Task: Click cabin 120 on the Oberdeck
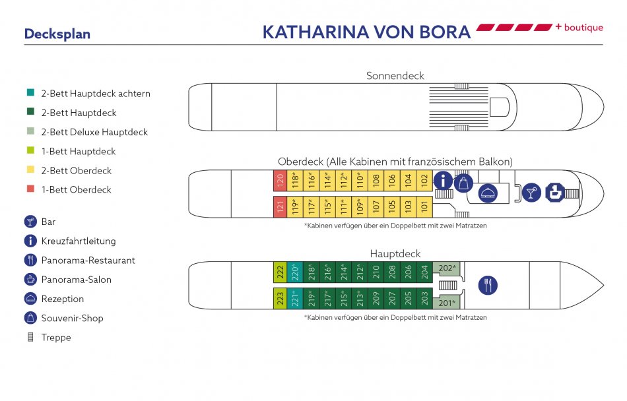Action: tap(280, 181)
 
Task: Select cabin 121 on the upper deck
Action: tap(280, 206)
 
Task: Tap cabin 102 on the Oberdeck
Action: tap(425, 181)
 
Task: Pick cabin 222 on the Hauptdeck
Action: tap(280, 272)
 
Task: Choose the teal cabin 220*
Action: tap(296, 272)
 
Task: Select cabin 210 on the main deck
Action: tap(376, 272)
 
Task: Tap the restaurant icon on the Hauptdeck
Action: tap(488, 285)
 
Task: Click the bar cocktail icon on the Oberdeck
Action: tap(531, 193)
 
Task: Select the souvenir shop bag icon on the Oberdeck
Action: tap(463, 183)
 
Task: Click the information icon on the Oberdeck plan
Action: tap(443, 181)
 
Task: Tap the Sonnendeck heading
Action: tap(395, 76)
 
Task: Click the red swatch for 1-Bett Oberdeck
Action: tap(30, 189)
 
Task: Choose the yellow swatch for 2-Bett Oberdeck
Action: tap(30, 170)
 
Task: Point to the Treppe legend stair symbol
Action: tap(30, 337)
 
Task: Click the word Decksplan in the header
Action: tap(57, 34)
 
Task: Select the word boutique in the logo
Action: tap(584, 27)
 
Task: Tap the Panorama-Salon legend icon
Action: tap(30, 279)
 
